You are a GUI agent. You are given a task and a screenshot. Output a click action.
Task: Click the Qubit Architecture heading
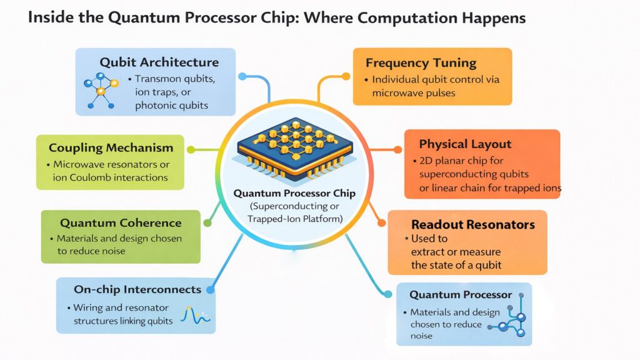pos(159,62)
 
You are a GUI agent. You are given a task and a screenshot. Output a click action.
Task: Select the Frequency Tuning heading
pos(421,63)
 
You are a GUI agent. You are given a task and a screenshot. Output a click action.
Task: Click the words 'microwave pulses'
pos(414,93)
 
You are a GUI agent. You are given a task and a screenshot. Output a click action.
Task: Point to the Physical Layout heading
pos(465,144)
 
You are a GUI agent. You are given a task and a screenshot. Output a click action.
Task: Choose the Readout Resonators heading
pos(472,224)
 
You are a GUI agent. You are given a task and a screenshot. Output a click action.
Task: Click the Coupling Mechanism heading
pos(111,148)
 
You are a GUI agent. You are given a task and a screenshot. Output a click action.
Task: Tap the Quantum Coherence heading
pos(121,223)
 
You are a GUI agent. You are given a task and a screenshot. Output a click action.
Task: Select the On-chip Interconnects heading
pos(137,289)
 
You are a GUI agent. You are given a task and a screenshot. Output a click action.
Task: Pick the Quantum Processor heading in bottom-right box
pos(461,294)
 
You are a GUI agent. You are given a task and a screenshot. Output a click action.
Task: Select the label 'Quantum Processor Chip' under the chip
pos(294,194)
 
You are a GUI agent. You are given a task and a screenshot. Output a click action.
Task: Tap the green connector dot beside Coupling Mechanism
pos(191,150)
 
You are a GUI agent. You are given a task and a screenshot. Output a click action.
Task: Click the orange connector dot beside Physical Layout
pos(397,150)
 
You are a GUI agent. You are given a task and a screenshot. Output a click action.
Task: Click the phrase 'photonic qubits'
pos(171,105)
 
